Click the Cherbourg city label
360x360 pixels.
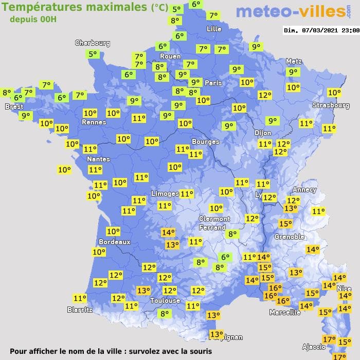tap(93, 43)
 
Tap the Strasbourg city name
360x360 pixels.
tap(331, 105)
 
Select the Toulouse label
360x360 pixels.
tap(165, 300)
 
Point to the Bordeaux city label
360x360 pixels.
tap(114, 241)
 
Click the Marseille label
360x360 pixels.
tap(285, 312)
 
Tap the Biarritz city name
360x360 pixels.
tap(80, 310)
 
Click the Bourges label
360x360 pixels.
tap(205, 141)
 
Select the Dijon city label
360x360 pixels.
tap(262, 132)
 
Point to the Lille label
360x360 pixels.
tap(213, 29)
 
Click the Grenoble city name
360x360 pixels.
tap(290, 237)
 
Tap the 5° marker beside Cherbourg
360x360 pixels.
tap(93, 54)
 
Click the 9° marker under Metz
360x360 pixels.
tap(293, 73)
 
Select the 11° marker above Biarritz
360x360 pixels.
tap(80, 298)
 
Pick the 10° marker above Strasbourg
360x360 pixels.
tap(334, 93)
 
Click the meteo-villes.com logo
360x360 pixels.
tap(290, 12)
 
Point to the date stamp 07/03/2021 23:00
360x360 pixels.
tap(321, 30)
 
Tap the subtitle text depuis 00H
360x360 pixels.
tap(33, 19)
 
